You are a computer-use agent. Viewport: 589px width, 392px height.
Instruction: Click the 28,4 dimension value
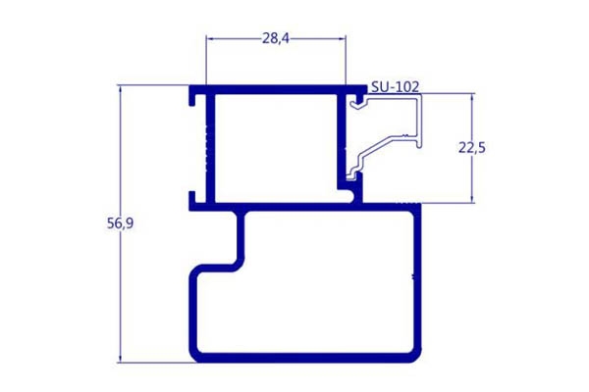[x=276, y=38]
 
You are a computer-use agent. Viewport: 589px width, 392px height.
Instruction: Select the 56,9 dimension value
[x=120, y=223]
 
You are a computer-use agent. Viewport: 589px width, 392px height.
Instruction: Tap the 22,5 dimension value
[x=472, y=148]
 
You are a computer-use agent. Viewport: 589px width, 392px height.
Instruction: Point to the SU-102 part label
[x=395, y=87]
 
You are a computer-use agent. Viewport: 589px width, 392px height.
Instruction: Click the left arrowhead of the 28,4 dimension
[x=210, y=38]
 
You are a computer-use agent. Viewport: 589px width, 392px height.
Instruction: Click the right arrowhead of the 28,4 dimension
[x=342, y=38]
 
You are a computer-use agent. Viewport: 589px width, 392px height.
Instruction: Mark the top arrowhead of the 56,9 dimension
[x=120, y=89]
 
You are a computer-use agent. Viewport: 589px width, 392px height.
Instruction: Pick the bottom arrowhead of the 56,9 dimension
[x=120, y=359]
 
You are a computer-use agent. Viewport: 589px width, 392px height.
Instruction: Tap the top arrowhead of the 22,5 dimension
[x=472, y=97]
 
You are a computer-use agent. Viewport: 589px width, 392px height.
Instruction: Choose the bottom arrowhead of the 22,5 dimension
[x=472, y=199]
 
